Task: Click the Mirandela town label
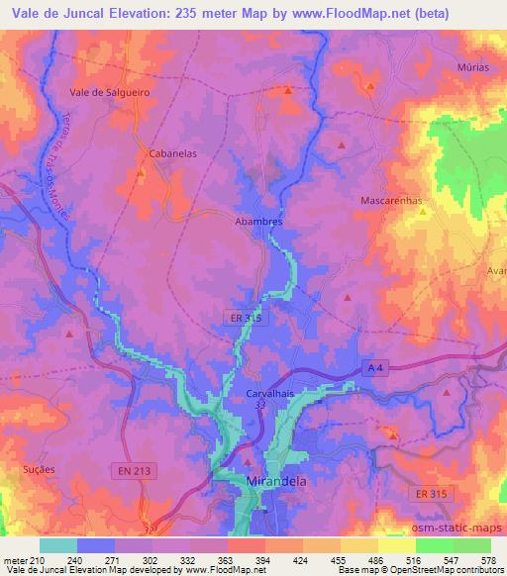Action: tap(273, 481)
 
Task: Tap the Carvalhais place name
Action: tap(270, 393)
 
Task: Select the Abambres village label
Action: tap(258, 222)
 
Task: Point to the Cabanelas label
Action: tap(170, 154)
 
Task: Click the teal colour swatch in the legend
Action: tap(58, 545)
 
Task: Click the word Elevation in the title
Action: tap(155, 14)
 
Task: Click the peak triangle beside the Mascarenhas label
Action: tap(422, 211)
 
